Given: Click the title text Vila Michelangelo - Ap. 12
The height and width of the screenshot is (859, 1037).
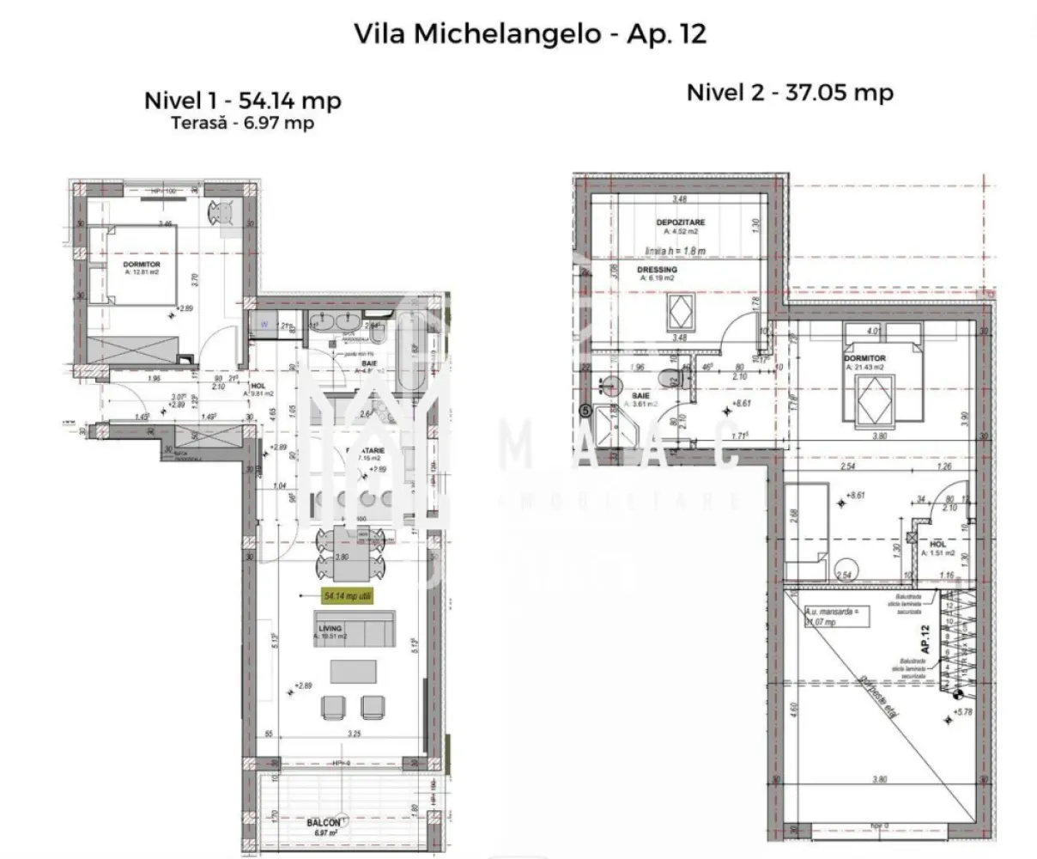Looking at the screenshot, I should coord(530,34).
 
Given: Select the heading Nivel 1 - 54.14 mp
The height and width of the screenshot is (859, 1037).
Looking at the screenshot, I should coord(242,101).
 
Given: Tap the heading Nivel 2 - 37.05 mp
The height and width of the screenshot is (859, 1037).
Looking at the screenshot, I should coord(790,93).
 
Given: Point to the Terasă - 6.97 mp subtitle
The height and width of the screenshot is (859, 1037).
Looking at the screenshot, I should coord(242,123).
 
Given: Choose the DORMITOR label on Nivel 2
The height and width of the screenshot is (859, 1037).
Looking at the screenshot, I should coord(864,358).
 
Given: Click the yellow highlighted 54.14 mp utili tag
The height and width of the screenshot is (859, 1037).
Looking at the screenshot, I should coord(348,596).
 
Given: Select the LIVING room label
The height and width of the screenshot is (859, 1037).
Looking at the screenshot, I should coord(331,628).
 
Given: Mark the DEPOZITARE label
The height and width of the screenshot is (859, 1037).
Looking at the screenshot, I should coord(680,222).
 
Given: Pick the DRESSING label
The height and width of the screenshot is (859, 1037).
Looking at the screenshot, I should coord(657,270).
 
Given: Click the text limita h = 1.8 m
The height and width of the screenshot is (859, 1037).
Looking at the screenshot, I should coord(675,251).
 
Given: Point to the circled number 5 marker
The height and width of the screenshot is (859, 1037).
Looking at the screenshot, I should coord(587,411).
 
